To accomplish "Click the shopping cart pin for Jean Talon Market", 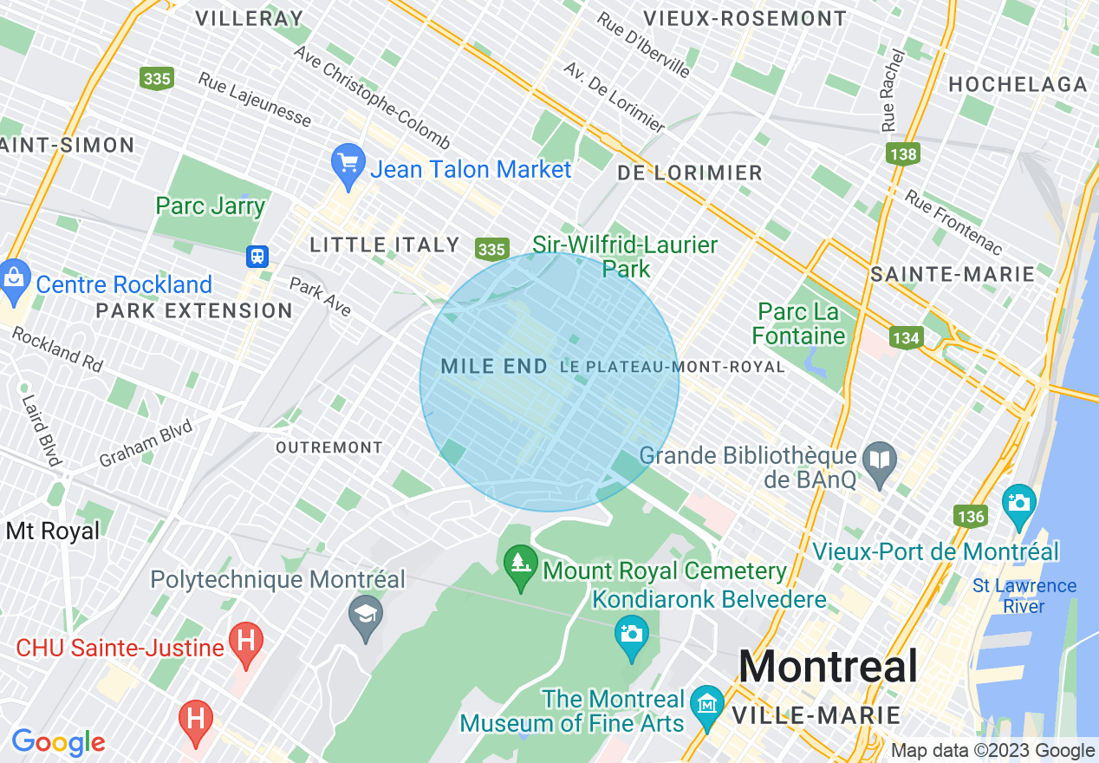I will coord(348,164).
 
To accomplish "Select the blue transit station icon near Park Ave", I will coord(257,257).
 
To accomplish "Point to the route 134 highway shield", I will coord(906,337).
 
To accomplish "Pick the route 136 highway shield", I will coord(971,517).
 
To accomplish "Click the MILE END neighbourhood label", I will coord(494,367).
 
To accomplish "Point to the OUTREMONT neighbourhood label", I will coord(328,447).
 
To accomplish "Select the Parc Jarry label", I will coord(210,205).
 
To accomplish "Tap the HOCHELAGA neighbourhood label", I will coord(1018,84).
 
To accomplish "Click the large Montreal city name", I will coord(828,667).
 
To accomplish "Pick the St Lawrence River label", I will coord(1024,596).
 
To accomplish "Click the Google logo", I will coord(58,742).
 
